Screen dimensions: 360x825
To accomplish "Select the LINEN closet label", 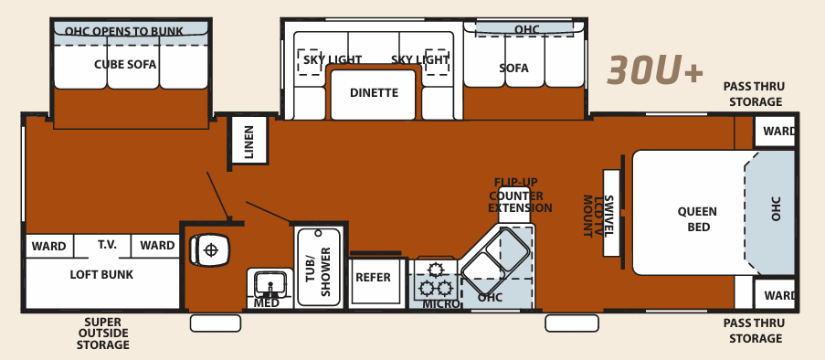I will click(249, 141).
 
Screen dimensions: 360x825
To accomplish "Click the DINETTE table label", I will click(374, 92).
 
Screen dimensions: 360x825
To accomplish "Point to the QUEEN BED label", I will click(697, 219).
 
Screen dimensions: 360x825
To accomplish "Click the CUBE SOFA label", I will click(125, 65).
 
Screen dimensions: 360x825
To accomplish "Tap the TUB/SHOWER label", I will click(317, 268).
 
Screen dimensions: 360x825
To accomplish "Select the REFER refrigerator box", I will click(373, 278).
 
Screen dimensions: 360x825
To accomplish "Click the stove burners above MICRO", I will click(431, 278).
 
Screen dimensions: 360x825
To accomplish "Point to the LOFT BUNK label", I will click(101, 274).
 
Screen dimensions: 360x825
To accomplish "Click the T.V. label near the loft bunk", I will click(109, 245).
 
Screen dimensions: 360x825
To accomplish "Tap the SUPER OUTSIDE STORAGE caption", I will click(101, 334).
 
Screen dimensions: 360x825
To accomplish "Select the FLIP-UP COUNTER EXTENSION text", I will click(520, 196).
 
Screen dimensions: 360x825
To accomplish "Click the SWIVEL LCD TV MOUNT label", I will click(599, 217).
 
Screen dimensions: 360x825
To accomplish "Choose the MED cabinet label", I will click(267, 303).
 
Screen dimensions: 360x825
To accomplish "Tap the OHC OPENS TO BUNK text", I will click(124, 31).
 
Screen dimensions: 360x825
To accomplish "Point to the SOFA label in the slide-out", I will click(513, 69).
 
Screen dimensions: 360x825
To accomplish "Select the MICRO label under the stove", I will click(440, 303).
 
